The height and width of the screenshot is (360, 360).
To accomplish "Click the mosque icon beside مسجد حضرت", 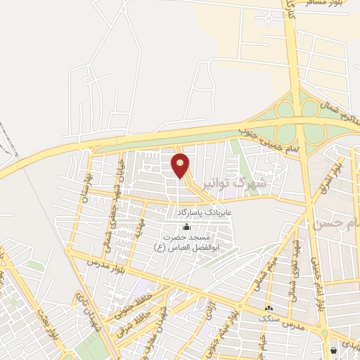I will pos(186,227).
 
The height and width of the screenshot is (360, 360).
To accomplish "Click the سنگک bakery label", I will pos(269,319).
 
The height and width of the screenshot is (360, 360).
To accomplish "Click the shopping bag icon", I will pos(333,349).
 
